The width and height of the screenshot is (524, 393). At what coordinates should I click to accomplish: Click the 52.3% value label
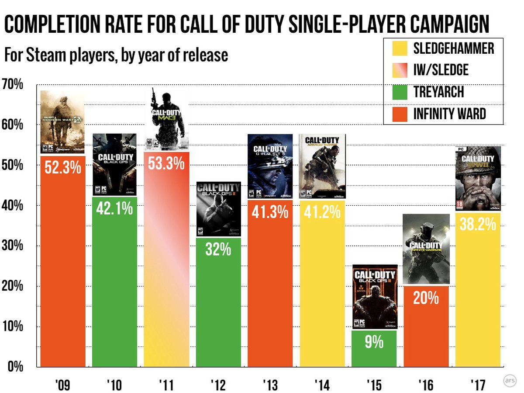click(x=63, y=168)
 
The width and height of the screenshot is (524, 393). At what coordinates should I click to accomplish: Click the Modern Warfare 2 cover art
click(x=63, y=122)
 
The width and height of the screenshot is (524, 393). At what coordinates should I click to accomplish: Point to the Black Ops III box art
click(x=374, y=297)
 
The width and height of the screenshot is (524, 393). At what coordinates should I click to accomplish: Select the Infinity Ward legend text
click(x=450, y=114)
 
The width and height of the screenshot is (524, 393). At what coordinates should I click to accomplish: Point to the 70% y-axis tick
click(x=13, y=84)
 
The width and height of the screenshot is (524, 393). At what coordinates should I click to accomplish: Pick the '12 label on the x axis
click(x=218, y=385)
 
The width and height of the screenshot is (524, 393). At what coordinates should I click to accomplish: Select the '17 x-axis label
click(x=478, y=385)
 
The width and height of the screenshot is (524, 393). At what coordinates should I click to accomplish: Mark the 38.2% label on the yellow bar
click(x=478, y=224)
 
